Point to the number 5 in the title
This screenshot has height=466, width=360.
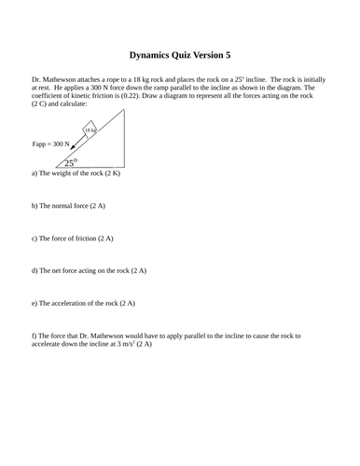point(227,55)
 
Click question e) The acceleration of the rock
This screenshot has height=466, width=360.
point(83,303)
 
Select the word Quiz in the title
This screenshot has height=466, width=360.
point(189,55)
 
